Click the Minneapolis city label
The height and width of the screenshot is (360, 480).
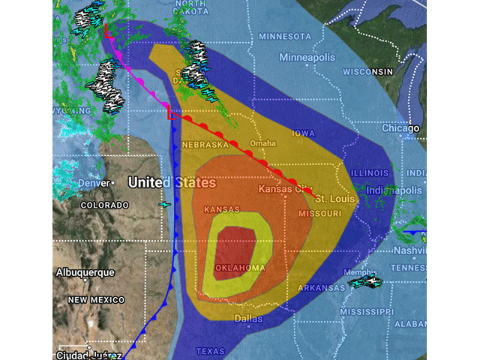307,57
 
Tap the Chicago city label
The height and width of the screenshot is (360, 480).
400,128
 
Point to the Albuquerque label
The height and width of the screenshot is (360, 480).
85,272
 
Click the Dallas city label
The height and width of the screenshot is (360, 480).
249,318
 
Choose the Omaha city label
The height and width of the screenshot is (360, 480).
262,143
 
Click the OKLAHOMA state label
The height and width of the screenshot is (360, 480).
239,268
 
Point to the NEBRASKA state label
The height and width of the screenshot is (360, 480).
204,145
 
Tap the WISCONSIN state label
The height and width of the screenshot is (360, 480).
368,71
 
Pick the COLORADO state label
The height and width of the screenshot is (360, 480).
104,205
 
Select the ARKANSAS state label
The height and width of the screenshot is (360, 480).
319,287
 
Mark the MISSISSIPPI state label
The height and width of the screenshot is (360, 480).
367,310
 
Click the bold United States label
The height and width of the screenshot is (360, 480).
172,182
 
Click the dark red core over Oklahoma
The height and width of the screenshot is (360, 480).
238,244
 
